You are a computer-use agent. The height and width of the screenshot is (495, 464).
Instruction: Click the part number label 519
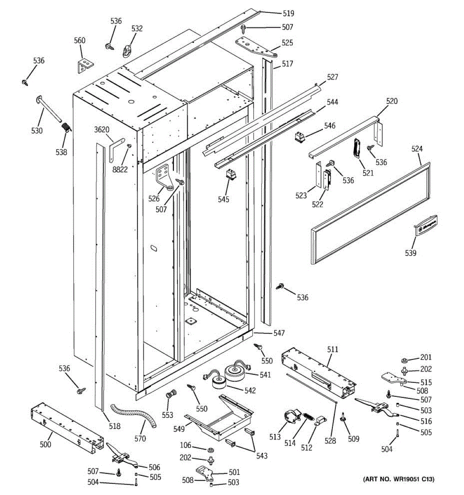[288, 14]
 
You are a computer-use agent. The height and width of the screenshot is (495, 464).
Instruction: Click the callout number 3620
[101, 130]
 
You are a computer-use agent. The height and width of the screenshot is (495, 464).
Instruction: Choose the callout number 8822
[120, 169]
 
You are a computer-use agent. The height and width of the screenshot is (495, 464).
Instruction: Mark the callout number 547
[279, 332]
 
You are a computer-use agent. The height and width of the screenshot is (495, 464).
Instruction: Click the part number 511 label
[332, 349]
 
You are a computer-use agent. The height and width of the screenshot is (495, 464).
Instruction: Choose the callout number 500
[45, 444]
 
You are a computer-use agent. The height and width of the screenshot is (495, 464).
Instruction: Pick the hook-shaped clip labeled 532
[127, 51]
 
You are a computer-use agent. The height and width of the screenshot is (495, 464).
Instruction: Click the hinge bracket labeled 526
[165, 178]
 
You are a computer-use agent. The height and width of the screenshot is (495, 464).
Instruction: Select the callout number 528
[330, 441]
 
